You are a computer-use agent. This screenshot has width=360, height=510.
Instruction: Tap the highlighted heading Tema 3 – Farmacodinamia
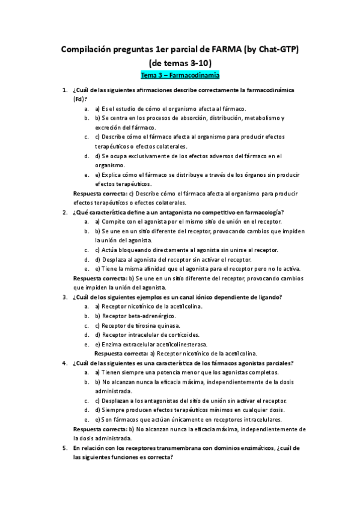pyautogui.click(x=180, y=76)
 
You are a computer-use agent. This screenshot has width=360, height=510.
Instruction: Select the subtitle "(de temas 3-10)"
pyautogui.click(x=180, y=63)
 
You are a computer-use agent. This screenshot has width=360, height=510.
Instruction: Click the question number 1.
pyautogui.click(x=64, y=90)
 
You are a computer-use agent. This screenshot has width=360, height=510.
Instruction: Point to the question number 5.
pyautogui.click(x=64, y=448)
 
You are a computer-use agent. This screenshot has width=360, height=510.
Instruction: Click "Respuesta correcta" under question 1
pyautogui.click(x=99, y=194)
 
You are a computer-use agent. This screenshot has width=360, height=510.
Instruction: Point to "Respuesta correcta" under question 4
pyautogui.click(x=99, y=429)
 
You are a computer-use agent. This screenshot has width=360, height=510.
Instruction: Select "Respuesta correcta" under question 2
pyautogui.click(x=99, y=278)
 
